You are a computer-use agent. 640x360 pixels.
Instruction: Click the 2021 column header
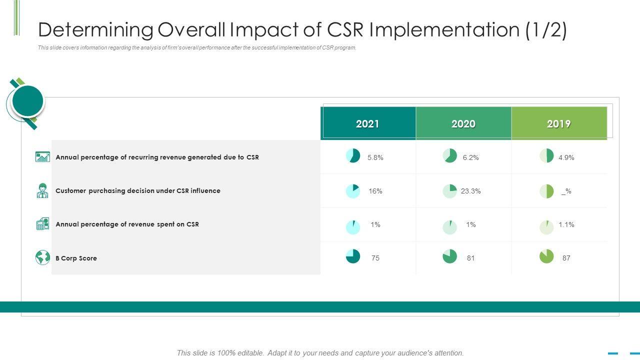point(367,124)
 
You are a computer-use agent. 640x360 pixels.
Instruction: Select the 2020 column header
point(463,124)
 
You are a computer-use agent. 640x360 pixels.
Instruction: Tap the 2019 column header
point(558,124)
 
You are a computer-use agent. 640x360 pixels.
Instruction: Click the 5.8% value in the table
point(375,157)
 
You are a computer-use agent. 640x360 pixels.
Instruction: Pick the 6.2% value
point(470,157)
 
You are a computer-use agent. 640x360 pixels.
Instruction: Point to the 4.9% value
point(566,157)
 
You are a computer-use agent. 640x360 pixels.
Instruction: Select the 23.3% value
point(470,191)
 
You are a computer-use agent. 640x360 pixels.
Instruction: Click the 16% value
point(375,191)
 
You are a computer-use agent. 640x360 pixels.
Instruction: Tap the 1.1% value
point(566,224)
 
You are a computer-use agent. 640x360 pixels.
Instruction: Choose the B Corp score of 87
point(566,258)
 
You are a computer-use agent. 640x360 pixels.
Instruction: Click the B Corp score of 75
point(375,258)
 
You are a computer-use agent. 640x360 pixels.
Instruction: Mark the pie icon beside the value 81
point(449,256)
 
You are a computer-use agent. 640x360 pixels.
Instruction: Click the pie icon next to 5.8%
point(353,155)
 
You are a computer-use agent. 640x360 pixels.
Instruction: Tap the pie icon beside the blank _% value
point(546,191)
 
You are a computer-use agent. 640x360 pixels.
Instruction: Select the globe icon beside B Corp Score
point(42,257)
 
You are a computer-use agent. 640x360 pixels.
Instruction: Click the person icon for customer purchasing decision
point(42,190)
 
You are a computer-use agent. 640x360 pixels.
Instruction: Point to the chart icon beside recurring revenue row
point(42,157)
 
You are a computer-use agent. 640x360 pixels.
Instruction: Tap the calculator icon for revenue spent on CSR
point(42,224)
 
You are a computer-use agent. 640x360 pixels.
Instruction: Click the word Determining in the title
point(95,30)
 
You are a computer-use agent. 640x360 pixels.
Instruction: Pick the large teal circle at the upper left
point(27,101)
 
